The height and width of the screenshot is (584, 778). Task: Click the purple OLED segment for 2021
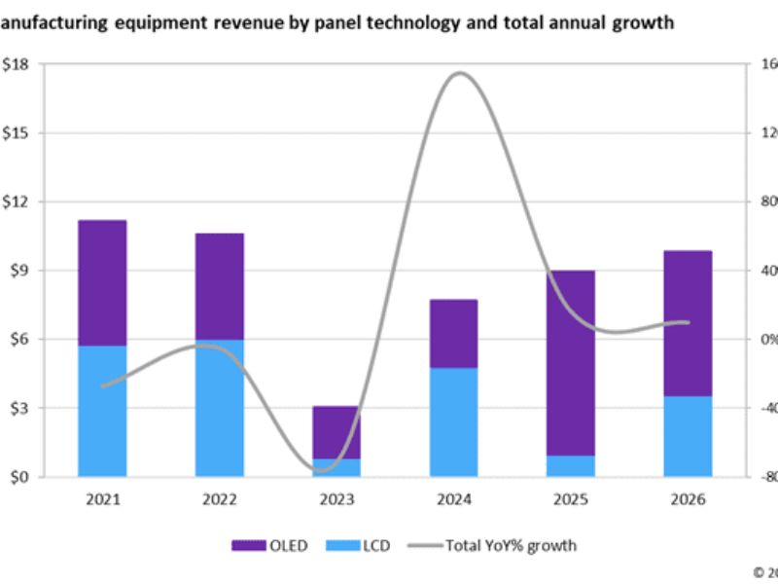pyautogui.click(x=102, y=282)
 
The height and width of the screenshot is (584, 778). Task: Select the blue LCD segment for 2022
pyautogui.click(x=220, y=409)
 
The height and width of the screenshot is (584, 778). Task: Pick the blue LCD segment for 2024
pyautogui.click(x=453, y=422)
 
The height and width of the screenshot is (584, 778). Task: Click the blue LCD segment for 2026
pyautogui.click(x=688, y=436)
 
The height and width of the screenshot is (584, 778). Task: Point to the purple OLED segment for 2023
pyautogui.click(x=336, y=432)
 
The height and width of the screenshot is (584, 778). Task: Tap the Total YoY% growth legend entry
pyautogui.click(x=496, y=545)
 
